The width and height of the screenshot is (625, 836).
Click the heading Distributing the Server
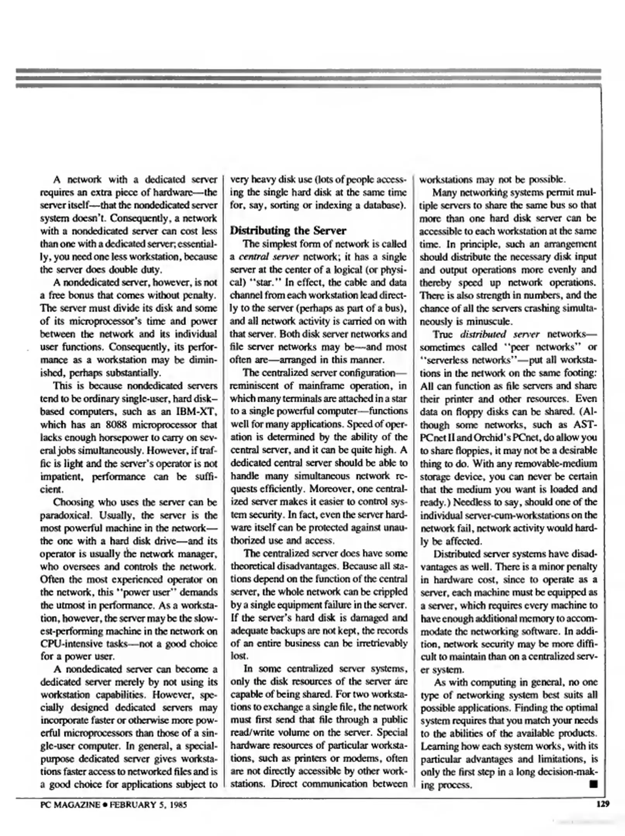[288, 231]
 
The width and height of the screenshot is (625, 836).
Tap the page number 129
[603, 804]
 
